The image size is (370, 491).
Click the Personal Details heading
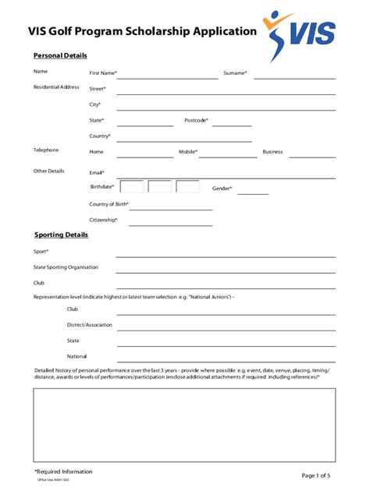click(60, 55)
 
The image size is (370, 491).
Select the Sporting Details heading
click(61, 235)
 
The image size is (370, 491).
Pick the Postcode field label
click(196, 120)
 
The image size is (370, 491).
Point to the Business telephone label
click(272, 152)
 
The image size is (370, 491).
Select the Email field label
click(97, 172)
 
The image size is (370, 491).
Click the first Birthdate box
click(132, 187)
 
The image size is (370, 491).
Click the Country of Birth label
click(109, 204)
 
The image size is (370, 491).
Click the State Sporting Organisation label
click(66, 267)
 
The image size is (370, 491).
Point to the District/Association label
click(90, 324)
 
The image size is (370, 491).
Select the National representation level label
click(77, 356)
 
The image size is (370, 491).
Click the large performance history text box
click(184, 425)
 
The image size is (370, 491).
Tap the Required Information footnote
click(63, 472)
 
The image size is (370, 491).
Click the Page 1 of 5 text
click(316, 475)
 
